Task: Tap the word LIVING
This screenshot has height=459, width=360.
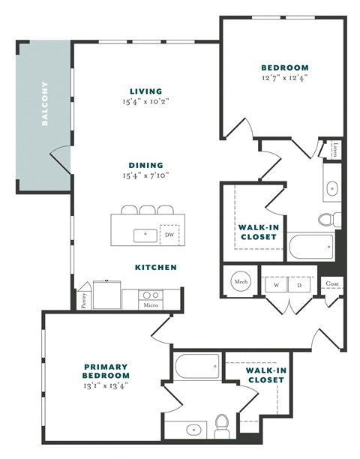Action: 145,91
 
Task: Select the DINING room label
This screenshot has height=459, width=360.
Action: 145,165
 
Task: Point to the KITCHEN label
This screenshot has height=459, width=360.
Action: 156,267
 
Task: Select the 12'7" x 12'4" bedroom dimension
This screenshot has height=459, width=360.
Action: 285,77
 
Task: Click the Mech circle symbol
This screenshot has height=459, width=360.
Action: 241,282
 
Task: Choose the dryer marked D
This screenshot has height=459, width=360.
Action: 299,285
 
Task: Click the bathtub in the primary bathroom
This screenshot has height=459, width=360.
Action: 198,367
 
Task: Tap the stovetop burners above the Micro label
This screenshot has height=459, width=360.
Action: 149,295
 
